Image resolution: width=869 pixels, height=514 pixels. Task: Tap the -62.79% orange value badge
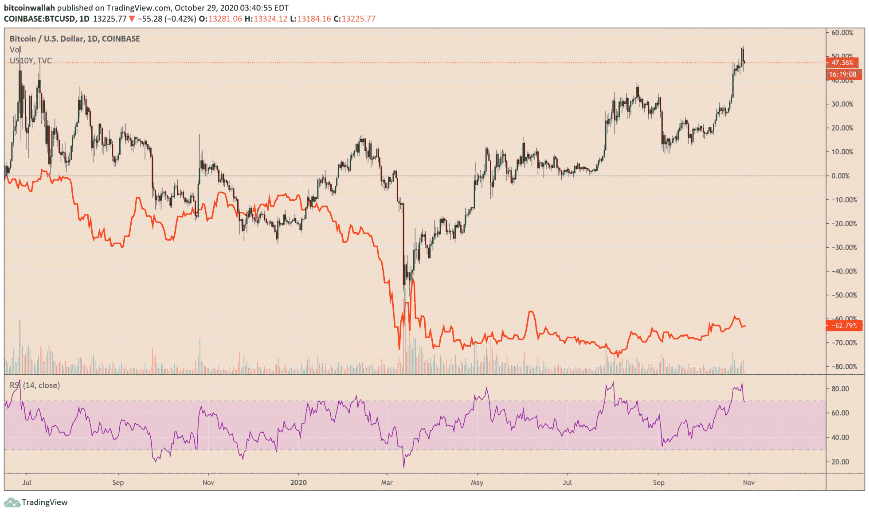[x=844, y=326]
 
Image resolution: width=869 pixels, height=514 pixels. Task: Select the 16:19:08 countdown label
[x=843, y=74]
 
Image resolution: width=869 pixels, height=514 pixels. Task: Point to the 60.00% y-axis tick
[x=842, y=33]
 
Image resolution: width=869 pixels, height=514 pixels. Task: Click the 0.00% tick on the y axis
[x=841, y=176]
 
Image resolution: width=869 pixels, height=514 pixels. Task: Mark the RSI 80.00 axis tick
[x=840, y=389]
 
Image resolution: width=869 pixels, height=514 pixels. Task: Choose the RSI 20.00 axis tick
[x=840, y=462]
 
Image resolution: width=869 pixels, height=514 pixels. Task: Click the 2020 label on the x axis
[x=298, y=483]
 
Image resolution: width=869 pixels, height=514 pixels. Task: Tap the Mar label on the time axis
[x=387, y=483]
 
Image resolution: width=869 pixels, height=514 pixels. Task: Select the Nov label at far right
[x=748, y=483]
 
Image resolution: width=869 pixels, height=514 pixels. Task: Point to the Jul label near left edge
[x=27, y=483]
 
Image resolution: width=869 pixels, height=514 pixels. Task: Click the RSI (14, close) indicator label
[x=35, y=385]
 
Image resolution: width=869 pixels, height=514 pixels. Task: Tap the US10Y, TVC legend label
[x=31, y=61]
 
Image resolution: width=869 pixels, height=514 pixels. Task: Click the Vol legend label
[x=16, y=50]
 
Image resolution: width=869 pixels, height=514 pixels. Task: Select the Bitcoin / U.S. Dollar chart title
[x=74, y=39]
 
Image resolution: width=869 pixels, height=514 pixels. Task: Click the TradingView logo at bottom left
[x=36, y=502]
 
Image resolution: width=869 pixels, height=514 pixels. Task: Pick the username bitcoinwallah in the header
[x=29, y=8]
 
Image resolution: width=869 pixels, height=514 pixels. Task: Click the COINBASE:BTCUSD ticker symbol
[x=39, y=19]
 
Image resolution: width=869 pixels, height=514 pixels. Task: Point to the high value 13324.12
[x=270, y=19]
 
